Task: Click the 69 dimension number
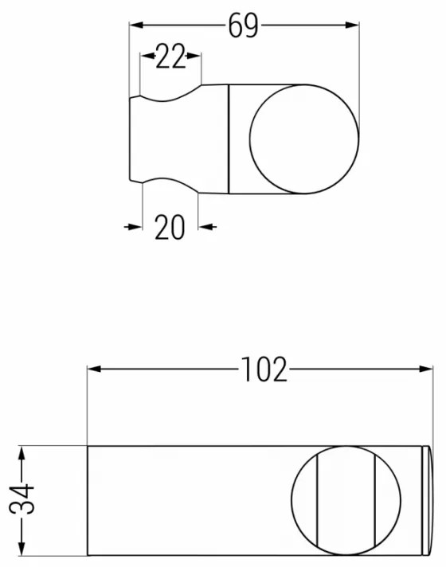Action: pyautogui.click(x=243, y=25)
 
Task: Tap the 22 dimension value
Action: pyautogui.click(x=170, y=57)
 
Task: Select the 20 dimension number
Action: pyautogui.click(x=170, y=227)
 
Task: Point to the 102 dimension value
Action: pyautogui.click(x=264, y=370)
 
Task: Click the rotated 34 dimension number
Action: pyautogui.click(x=22, y=499)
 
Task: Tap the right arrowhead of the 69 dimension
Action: pyautogui.click(x=351, y=25)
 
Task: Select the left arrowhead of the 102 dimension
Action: pyautogui.click(x=95, y=369)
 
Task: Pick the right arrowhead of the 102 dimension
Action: pyautogui.click(x=425, y=369)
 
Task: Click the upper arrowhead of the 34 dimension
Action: pyautogui.click(x=22, y=453)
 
